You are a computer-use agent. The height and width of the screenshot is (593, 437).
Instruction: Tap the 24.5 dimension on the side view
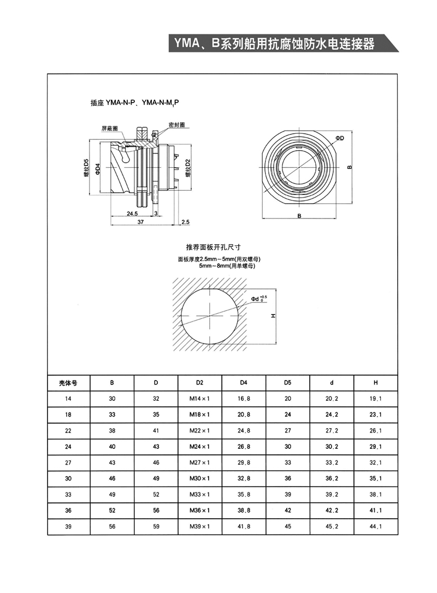tap(132, 214)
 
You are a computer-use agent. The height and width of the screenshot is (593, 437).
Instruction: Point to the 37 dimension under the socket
tap(140, 222)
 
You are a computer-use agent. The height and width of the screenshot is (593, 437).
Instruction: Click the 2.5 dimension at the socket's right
tap(185, 222)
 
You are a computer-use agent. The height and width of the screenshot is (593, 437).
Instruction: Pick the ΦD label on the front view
tap(339, 139)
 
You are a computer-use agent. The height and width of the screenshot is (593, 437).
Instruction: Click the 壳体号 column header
tap(68, 383)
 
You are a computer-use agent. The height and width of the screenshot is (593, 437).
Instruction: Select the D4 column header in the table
tap(244, 383)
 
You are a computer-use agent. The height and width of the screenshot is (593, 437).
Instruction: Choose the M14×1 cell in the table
tap(199, 399)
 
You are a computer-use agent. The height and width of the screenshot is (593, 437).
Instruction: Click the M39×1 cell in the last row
tap(199, 527)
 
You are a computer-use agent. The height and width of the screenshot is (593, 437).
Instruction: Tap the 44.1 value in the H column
tap(375, 527)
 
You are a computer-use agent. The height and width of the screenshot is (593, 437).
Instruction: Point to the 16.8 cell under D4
tap(244, 399)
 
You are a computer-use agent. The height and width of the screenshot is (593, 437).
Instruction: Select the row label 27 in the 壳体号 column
tap(68, 463)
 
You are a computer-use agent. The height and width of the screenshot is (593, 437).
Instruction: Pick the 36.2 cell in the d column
tap(332, 479)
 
